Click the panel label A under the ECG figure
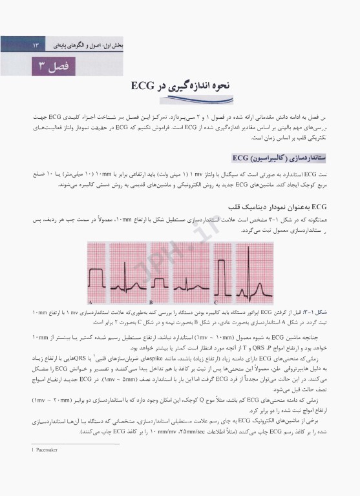[90, 302]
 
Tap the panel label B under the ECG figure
[151, 302]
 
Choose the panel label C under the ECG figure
[215, 302]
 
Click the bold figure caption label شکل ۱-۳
[321, 313]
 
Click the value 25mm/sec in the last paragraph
[174, 430]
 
